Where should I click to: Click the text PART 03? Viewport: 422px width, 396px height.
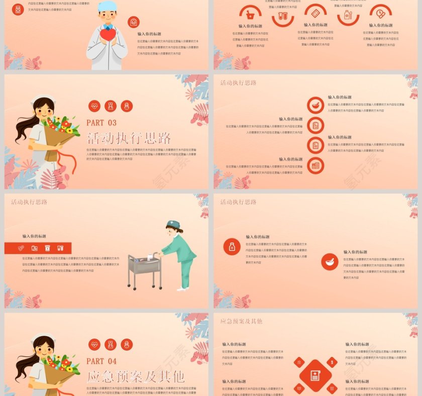click(101, 123)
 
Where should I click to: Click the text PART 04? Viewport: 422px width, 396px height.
click(101, 361)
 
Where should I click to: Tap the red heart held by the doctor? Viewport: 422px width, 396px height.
click(107, 35)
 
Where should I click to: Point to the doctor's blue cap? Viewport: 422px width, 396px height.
click(107, 7)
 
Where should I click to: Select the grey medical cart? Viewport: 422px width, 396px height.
click(145, 270)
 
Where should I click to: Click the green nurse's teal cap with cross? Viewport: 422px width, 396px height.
click(173, 224)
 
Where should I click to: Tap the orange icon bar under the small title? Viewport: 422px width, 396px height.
click(38, 248)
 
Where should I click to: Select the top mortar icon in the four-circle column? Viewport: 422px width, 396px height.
click(315, 105)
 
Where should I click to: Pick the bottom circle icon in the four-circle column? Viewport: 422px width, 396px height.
click(315, 165)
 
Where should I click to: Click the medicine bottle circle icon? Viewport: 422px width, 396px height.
click(232, 246)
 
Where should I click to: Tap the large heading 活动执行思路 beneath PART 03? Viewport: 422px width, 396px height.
click(129, 138)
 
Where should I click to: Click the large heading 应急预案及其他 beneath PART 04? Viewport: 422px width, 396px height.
click(136, 376)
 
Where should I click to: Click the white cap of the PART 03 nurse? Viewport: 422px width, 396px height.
click(42, 98)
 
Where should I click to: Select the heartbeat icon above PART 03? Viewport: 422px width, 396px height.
click(94, 106)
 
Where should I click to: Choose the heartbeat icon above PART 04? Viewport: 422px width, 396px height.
click(94, 344)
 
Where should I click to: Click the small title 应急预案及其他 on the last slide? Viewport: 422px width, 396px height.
click(241, 321)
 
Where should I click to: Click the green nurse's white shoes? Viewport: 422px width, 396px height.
click(181, 288)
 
